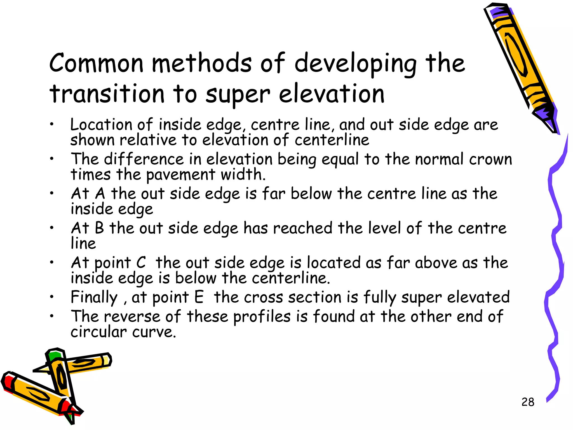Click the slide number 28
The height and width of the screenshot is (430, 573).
pos(528,402)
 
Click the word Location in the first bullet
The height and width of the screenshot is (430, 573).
pos(101,125)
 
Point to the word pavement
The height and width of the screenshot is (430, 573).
pos(181,175)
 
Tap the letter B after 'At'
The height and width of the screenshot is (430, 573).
pos(99,228)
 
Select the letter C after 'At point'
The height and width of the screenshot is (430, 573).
pos(141,263)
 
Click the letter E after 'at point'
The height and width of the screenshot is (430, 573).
pos(199,297)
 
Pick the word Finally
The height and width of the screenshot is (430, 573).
pos(94,298)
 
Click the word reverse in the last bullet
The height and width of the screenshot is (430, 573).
pos(132,317)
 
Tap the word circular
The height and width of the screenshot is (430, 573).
pos(98,332)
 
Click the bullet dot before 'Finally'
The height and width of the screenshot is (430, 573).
pos(51,298)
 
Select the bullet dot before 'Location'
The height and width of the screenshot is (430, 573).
pos(51,125)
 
